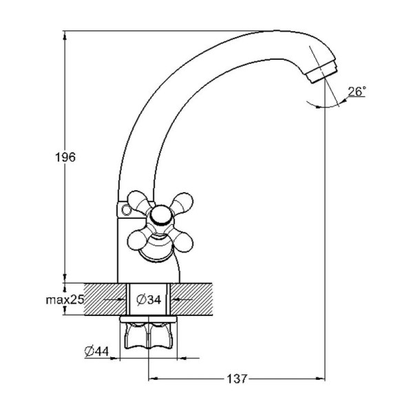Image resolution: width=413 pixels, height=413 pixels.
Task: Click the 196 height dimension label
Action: pos(65,157)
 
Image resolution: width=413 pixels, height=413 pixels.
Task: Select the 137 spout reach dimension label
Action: pos(237,379)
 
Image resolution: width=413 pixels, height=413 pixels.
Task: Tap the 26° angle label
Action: pos(357,92)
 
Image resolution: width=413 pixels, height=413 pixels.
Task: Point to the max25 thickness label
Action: pos(65,299)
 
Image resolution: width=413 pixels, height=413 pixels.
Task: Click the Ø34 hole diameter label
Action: pos(149,299)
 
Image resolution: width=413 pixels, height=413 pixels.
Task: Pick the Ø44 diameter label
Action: pos(96,351)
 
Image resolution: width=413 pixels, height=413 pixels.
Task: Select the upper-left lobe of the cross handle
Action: pos(137,201)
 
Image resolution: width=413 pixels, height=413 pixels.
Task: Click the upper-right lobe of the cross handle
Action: pos(184,202)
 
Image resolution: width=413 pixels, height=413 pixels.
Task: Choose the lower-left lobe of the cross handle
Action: pos(137,240)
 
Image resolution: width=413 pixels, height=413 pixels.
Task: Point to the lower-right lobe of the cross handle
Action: pos(182,242)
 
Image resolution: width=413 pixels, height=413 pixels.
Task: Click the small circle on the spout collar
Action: pos(127,210)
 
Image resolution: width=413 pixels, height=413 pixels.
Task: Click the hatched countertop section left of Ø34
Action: pos(105,299)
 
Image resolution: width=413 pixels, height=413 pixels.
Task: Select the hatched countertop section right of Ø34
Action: pos(192,299)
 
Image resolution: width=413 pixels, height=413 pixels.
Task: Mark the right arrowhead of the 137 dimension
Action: pos(321,379)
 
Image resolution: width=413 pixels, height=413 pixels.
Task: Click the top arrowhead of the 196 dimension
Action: pos(65,35)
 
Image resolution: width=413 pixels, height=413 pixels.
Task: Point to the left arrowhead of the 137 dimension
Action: pos(153,379)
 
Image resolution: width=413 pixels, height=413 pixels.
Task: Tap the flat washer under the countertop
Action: pos(148,319)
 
